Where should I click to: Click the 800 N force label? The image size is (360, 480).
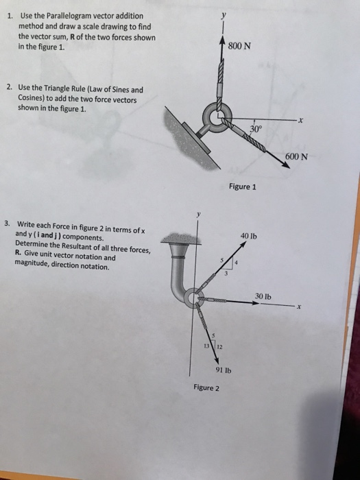pyautogui.click(x=239, y=46)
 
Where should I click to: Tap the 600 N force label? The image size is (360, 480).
pyautogui.click(x=296, y=157)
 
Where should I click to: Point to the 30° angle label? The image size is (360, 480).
pyautogui.click(x=256, y=129)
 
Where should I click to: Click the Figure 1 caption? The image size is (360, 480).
pyautogui.click(x=243, y=187)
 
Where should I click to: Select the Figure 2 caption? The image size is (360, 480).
pyautogui.click(x=206, y=388)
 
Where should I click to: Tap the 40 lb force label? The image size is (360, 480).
pyautogui.click(x=249, y=236)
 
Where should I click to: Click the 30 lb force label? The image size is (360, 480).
pyautogui.click(x=263, y=296)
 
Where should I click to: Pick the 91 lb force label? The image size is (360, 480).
pyautogui.click(x=224, y=370)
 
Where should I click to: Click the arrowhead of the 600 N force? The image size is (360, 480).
pyautogui.click(x=286, y=165)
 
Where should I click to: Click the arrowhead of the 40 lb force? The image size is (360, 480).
pyautogui.click(x=243, y=244)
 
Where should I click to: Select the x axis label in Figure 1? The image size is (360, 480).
pyautogui.click(x=301, y=121)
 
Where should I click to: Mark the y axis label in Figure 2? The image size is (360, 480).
pyautogui.click(x=199, y=214)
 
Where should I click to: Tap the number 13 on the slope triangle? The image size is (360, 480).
pyautogui.click(x=207, y=346)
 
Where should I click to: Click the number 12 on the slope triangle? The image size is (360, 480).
pyautogui.click(x=220, y=347)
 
